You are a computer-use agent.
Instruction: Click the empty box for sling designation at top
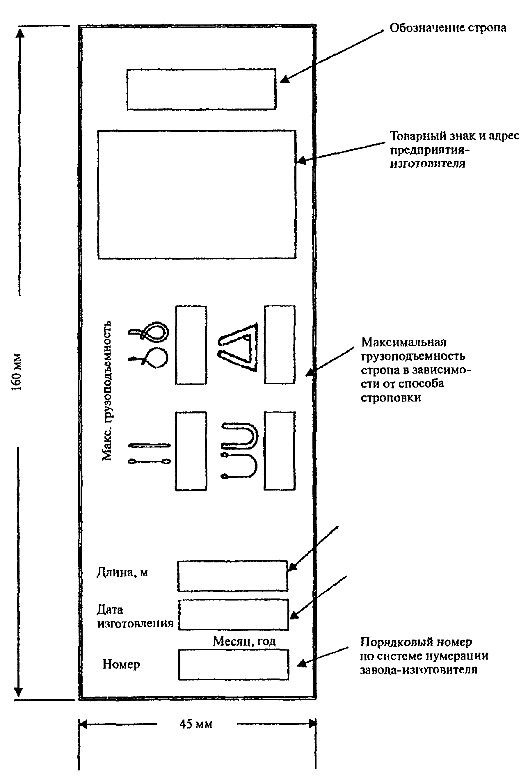[201, 89]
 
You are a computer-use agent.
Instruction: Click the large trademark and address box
[197, 194]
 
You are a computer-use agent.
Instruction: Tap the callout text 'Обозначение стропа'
[448, 28]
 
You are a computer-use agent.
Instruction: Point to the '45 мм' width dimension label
[196, 724]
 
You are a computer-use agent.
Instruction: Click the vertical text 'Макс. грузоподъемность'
[107, 391]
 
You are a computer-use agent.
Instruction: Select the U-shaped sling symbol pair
[239, 451]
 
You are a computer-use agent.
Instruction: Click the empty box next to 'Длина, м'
[232, 576]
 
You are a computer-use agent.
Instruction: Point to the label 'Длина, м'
[122, 573]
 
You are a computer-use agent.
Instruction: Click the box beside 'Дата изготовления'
[233, 615]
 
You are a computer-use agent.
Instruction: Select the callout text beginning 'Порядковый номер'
[424, 656]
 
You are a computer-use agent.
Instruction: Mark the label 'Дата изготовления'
[135, 616]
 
